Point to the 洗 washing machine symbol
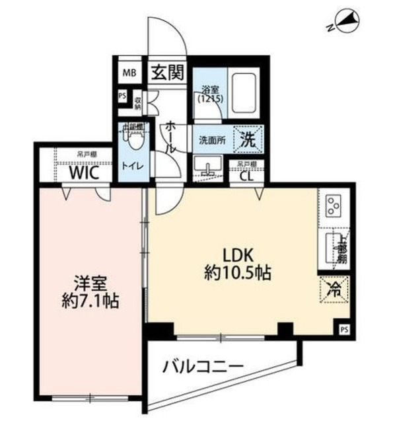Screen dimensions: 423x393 tap(249, 139)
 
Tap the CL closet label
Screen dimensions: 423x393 tap(244, 176)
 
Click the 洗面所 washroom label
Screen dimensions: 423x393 tap(211, 140)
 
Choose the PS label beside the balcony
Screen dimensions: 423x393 tap(344, 328)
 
